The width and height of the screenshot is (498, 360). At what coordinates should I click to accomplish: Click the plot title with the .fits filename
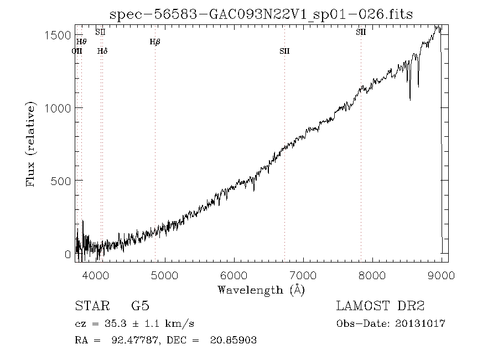pyautogui.click(x=261, y=14)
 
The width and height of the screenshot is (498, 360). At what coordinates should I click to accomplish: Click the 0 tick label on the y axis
pyautogui.click(x=68, y=254)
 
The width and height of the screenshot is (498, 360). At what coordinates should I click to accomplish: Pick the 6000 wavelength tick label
pyautogui.click(x=234, y=275)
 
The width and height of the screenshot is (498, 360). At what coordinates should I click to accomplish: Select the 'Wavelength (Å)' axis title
pyautogui.click(x=261, y=290)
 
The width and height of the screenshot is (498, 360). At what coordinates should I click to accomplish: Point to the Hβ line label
pyautogui.click(x=155, y=42)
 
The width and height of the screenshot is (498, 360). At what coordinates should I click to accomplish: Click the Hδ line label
pyautogui.click(x=102, y=51)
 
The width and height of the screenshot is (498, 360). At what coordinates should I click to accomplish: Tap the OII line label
pyautogui.click(x=77, y=51)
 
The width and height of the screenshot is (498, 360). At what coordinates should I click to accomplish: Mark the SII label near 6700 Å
pyautogui.click(x=284, y=51)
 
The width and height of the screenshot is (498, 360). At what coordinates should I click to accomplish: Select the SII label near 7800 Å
pyautogui.click(x=361, y=32)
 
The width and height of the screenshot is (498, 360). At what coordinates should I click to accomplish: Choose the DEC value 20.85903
pyautogui.click(x=233, y=340)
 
